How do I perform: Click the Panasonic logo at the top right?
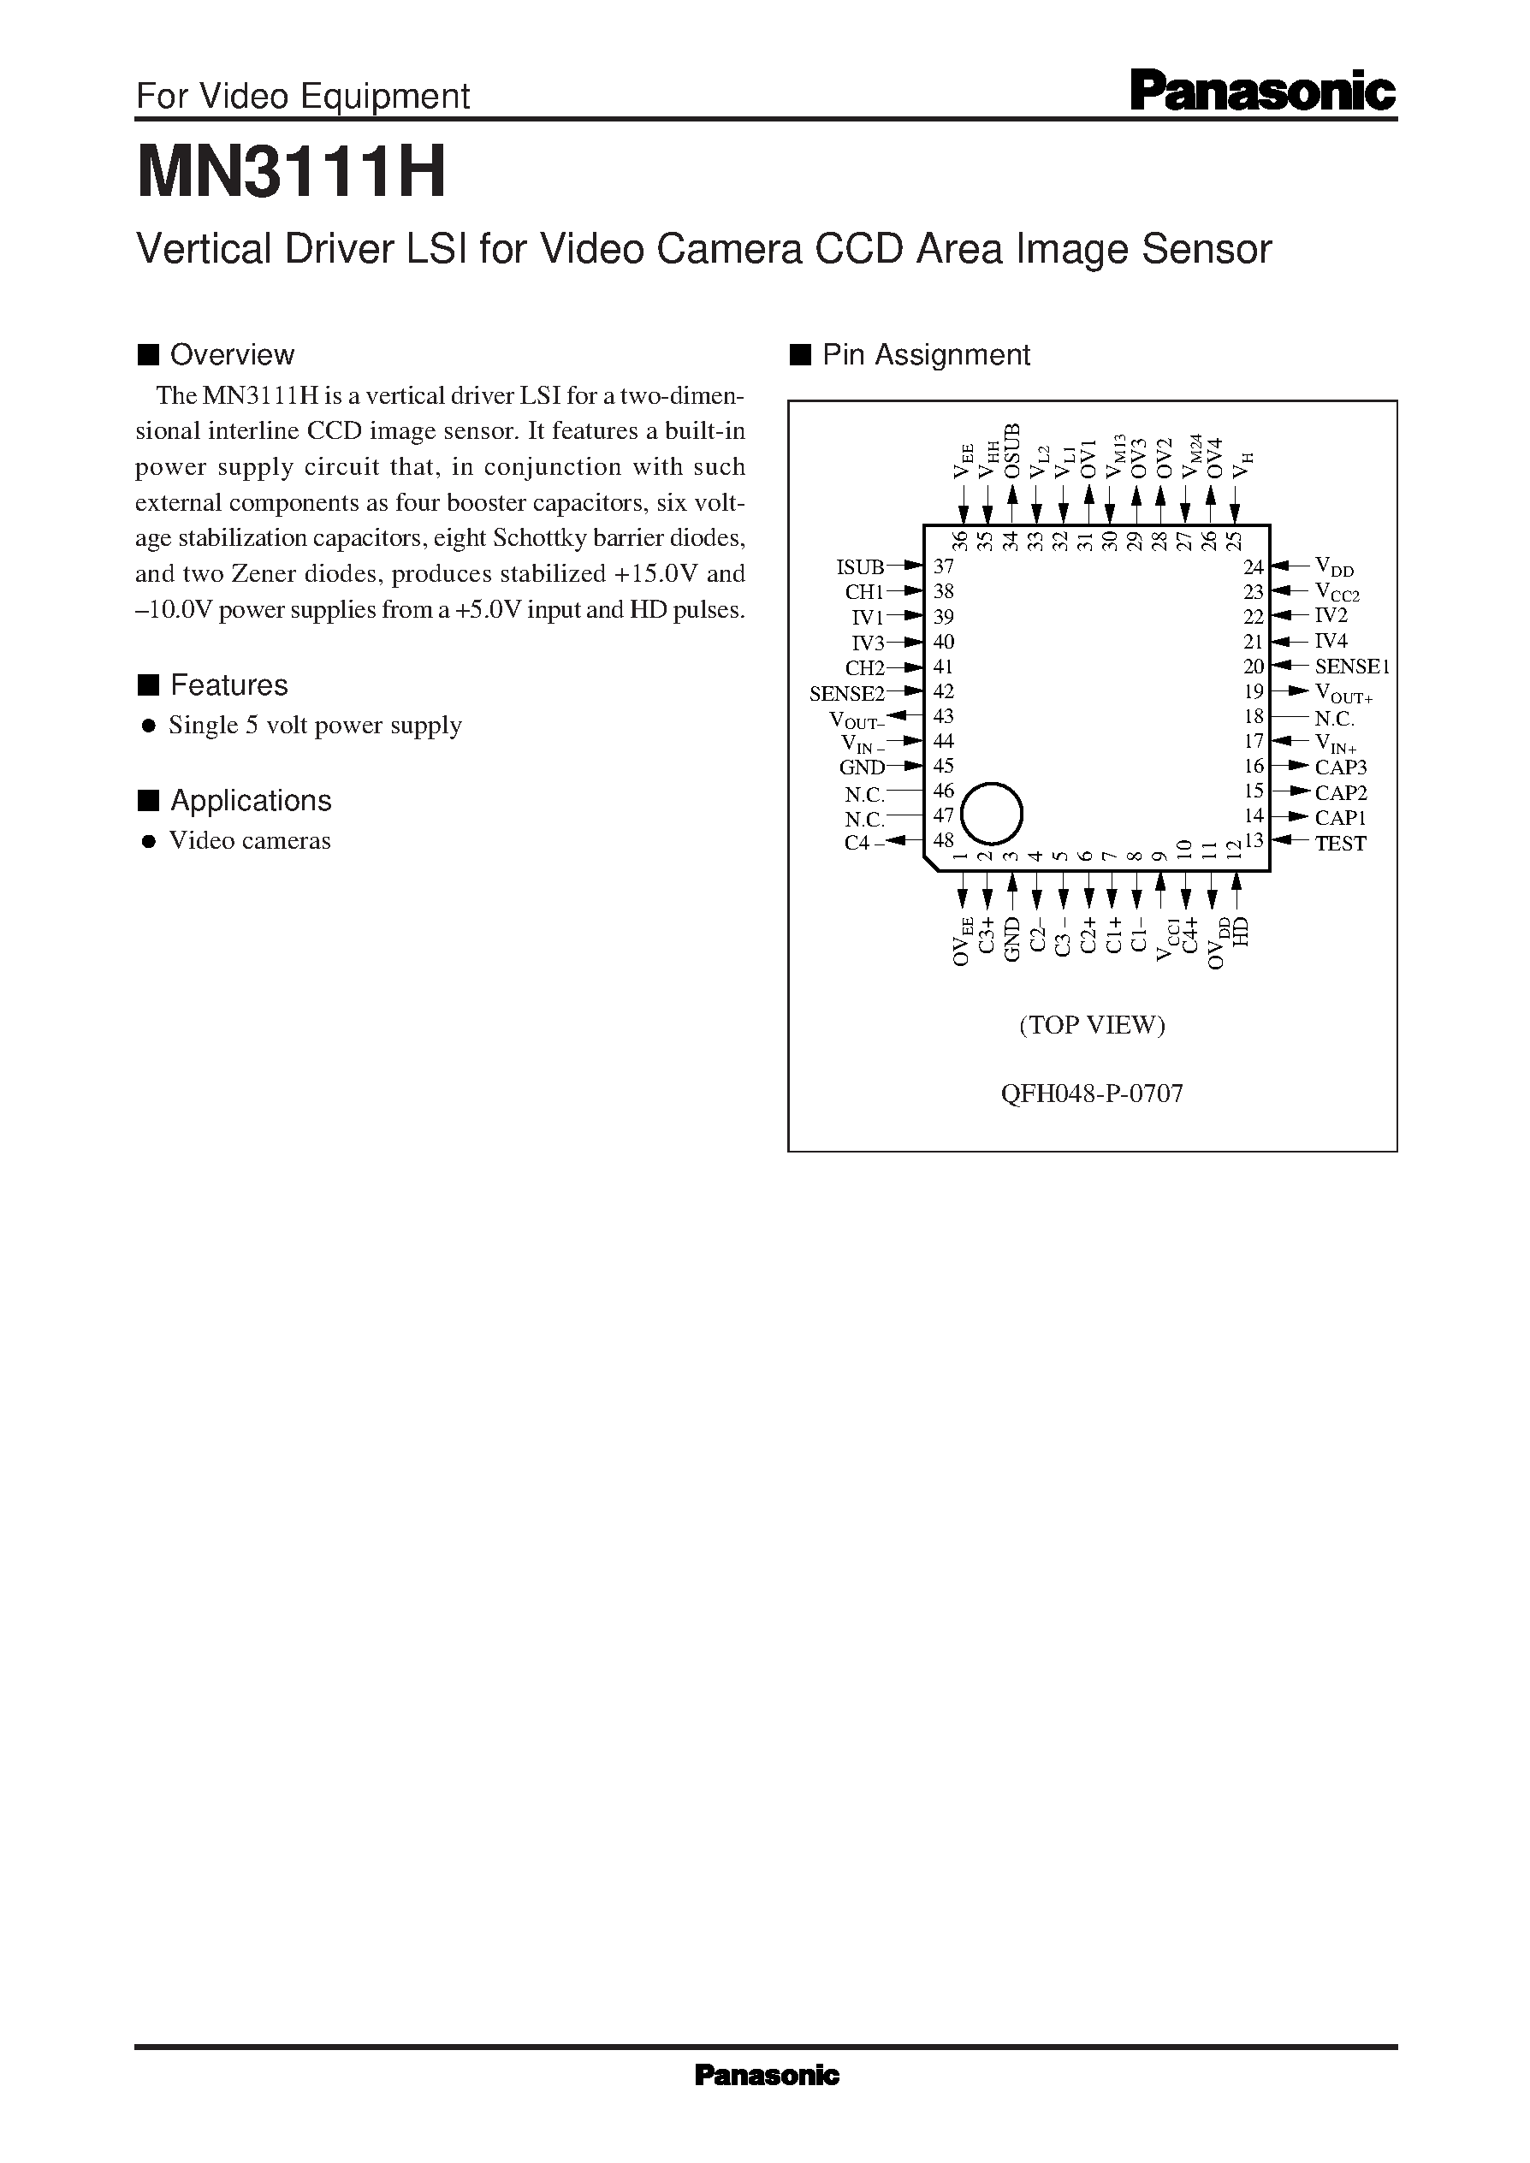click(x=1261, y=93)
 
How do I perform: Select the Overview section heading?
click(x=232, y=355)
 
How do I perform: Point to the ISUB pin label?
click(x=859, y=567)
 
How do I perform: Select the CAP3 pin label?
click(x=1340, y=767)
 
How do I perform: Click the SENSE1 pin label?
click(x=1351, y=667)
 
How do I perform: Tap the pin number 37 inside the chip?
click(x=943, y=567)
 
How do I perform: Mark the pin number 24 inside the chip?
click(x=1252, y=567)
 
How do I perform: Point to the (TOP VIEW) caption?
click(x=1092, y=1025)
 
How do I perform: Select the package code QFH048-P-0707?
click(x=1092, y=1093)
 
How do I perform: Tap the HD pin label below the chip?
click(x=1240, y=932)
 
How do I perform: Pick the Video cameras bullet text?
click(x=250, y=841)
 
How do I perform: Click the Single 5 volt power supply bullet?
click(x=315, y=726)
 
